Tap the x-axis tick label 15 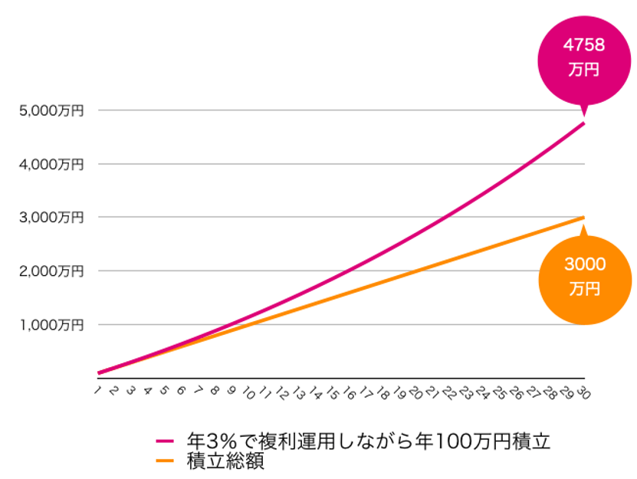click(331, 393)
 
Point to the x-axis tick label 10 click(248, 393)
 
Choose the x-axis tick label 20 click(415, 393)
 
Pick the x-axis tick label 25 click(498, 393)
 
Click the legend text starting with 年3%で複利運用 click(368, 442)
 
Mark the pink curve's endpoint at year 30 click(584, 123)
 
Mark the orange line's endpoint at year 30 click(584, 218)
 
